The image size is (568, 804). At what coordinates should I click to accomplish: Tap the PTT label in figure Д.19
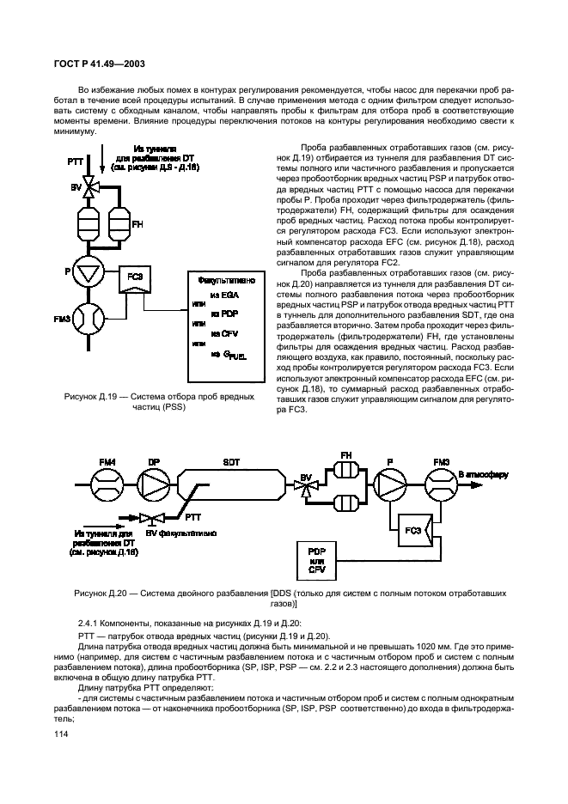coord(65,162)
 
